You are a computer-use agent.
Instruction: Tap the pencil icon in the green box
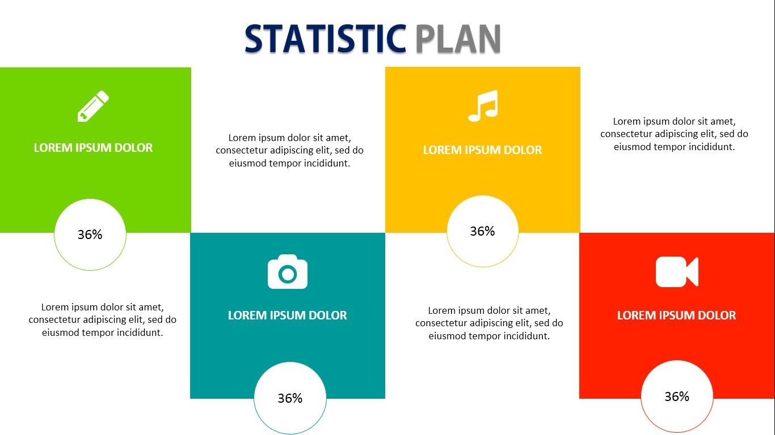[x=93, y=106]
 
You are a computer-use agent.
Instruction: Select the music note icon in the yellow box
[x=483, y=106]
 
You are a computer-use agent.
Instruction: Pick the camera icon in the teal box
[x=288, y=272]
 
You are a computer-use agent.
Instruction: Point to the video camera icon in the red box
[x=677, y=272]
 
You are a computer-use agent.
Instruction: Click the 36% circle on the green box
[x=90, y=234]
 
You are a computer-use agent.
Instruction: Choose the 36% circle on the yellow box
[x=483, y=231]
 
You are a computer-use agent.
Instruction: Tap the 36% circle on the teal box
[x=290, y=398]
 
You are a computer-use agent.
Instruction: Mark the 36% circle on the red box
[x=677, y=396]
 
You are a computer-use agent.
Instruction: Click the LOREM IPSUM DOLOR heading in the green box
[x=93, y=148]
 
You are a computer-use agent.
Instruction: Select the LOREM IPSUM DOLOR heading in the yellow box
[x=483, y=150]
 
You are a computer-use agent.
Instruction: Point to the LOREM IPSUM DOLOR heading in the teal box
[x=288, y=315]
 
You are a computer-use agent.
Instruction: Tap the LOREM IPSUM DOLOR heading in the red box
[x=677, y=315]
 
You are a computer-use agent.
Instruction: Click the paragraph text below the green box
[x=103, y=320]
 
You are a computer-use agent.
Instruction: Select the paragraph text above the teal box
[x=290, y=151]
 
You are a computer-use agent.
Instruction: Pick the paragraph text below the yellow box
[x=489, y=323]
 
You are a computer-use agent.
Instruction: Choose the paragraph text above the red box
[x=675, y=134]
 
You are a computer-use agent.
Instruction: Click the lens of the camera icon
[x=288, y=275]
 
